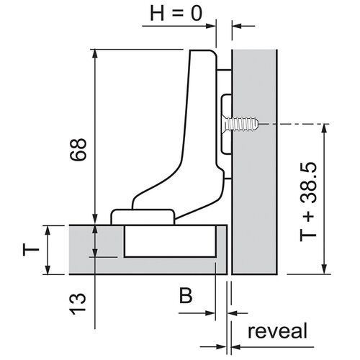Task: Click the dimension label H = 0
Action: (x=176, y=15)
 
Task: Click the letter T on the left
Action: (x=30, y=250)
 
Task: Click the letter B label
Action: (x=186, y=295)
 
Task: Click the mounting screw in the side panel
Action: (x=241, y=125)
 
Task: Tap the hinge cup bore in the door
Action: (x=170, y=242)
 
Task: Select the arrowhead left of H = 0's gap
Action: (x=211, y=27)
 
